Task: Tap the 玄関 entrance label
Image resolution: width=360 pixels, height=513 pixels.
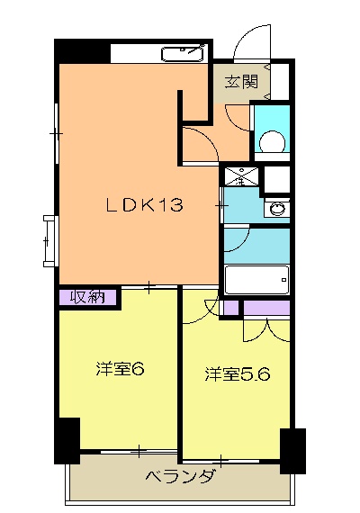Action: [241, 82]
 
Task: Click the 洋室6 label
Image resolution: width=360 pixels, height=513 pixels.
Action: [121, 369]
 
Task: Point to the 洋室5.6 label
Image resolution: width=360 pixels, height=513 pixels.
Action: [236, 373]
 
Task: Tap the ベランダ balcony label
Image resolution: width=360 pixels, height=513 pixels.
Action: [180, 477]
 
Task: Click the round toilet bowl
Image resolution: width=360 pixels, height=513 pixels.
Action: [270, 142]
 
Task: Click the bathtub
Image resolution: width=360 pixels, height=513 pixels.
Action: [256, 280]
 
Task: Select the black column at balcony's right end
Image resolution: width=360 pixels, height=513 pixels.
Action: [292, 450]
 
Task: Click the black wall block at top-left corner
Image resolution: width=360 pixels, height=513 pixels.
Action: [83, 50]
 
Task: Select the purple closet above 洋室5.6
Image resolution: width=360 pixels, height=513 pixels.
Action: [266, 309]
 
